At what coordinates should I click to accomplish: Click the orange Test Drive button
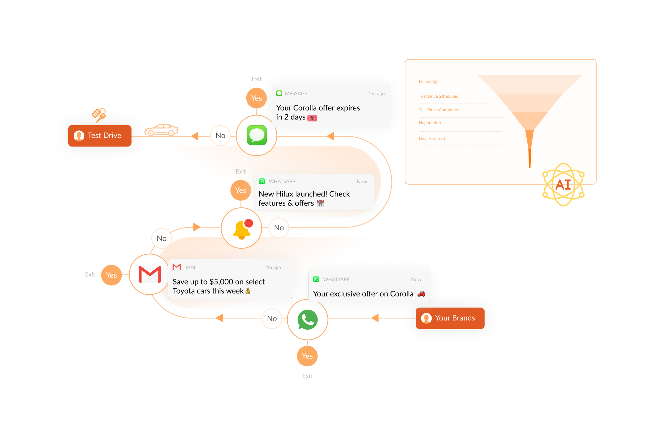(x=100, y=136)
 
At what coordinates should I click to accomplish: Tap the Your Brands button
(x=450, y=318)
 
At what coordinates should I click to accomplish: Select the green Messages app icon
(x=257, y=135)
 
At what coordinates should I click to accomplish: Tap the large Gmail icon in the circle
(x=150, y=274)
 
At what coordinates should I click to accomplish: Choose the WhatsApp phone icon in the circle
(x=307, y=320)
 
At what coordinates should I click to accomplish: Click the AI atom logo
(x=563, y=185)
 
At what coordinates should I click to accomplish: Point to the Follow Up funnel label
(x=428, y=82)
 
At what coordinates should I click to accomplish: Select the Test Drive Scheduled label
(x=438, y=96)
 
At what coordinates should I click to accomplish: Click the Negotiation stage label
(x=430, y=123)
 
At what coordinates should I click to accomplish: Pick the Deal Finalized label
(x=432, y=139)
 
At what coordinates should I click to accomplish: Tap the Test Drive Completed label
(x=439, y=110)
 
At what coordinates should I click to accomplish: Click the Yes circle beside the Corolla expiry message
(x=256, y=98)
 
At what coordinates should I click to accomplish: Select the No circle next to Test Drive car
(x=220, y=136)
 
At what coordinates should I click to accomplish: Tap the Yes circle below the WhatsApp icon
(x=307, y=356)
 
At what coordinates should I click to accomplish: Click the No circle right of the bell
(x=279, y=228)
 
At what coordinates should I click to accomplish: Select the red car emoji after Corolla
(x=421, y=294)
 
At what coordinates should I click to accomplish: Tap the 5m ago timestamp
(x=377, y=94)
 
